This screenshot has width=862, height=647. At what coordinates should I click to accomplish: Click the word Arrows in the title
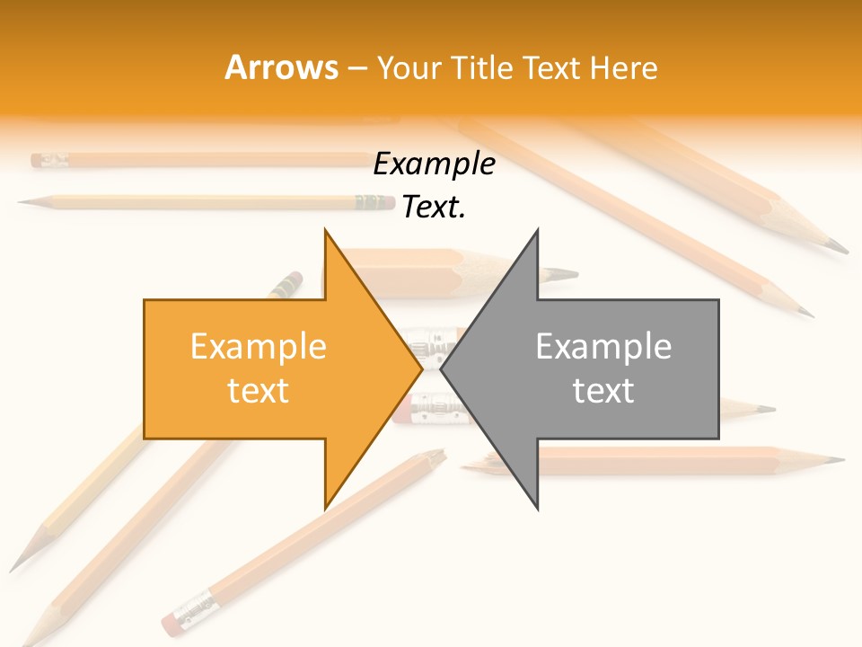281,67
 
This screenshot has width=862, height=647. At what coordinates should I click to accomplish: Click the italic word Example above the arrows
434,164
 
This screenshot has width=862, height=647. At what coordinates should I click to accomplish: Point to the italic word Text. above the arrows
434,208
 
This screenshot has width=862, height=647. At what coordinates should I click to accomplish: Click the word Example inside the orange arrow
259,347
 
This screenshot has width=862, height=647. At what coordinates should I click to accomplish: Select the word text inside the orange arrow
259,390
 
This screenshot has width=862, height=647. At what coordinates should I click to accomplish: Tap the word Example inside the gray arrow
603,347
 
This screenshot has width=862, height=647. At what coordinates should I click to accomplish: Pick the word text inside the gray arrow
603,390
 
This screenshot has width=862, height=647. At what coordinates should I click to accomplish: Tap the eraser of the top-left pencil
38,161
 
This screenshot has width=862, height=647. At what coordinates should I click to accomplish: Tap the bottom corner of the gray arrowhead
538,509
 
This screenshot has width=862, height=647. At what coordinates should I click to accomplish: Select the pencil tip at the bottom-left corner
25,640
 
